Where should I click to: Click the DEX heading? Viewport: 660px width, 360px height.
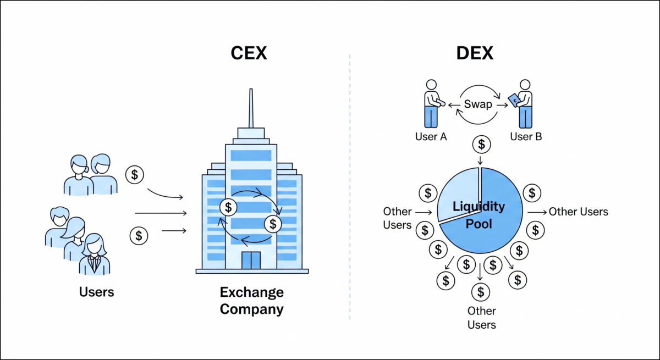[475, 53]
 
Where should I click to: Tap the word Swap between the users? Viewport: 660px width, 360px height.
[477, 104]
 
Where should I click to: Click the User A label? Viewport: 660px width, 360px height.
[431, 136]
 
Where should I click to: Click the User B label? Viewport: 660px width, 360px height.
[526, 136]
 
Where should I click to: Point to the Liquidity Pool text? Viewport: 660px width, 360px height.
[479, 215]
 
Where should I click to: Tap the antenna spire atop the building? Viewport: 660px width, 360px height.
[251, 107]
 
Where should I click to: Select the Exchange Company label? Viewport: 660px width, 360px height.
[251, 301]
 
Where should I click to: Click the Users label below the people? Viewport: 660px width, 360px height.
[96, 291]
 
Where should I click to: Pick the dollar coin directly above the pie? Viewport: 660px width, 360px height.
[482, 145]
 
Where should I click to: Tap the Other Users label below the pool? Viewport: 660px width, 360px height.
[481, 318]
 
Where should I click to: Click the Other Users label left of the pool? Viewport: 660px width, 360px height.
[397, 218]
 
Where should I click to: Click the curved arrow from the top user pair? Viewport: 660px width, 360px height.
[165, 193]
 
